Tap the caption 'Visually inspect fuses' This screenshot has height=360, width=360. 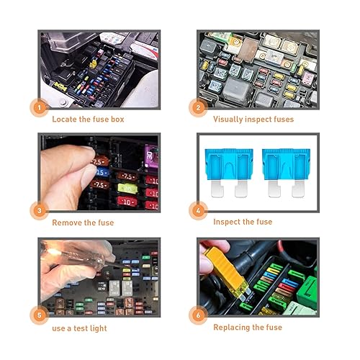pyautogui.click(x=253, y=119)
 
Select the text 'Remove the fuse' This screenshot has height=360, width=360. pyautogui.click(x=82, y=222)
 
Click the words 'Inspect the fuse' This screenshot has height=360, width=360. pyautogui.click(x=243, y=222)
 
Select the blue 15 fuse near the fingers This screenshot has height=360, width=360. pyautogui.click(x=102, y=174)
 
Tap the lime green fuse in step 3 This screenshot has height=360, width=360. pyautogui.click(x=126, y=189)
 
